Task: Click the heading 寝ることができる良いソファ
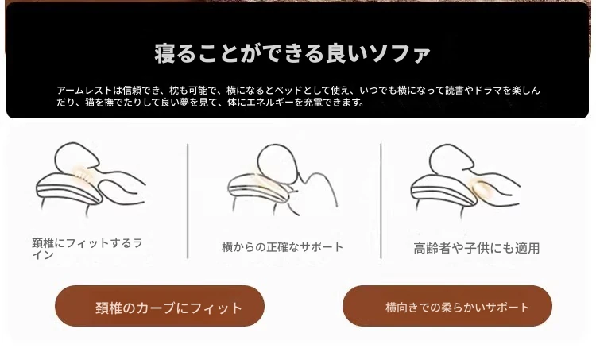click(x=292, y=53)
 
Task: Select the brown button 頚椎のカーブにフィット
click(x=160, y=306)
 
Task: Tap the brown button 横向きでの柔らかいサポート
click(x=447, y=306)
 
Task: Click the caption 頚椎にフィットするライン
click(x=87, y=249)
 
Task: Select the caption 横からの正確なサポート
click(x=282, y=247)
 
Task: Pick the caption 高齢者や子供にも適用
click(x=477, y=248)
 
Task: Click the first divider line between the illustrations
click(x=188, y=201)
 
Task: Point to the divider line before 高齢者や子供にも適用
click(x=381, y=201)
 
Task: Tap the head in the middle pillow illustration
click(x=277, y=162)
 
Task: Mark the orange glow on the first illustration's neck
click(x=80, y=175)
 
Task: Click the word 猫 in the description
click(x=90, y=103)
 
